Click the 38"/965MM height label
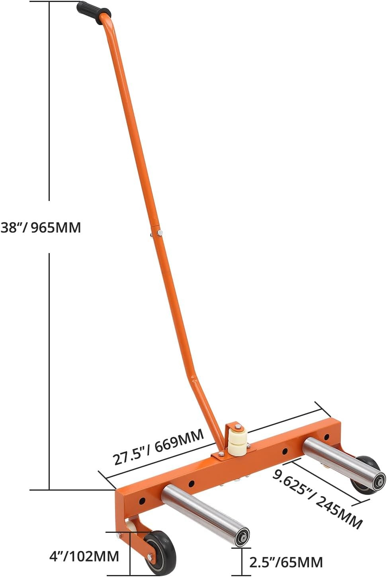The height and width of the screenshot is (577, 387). click(41, 228)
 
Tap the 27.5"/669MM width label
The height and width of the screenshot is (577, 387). click(158, 446)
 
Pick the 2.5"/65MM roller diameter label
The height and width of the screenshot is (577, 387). click(286, 562)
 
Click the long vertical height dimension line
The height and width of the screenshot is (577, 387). click(49, 358)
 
